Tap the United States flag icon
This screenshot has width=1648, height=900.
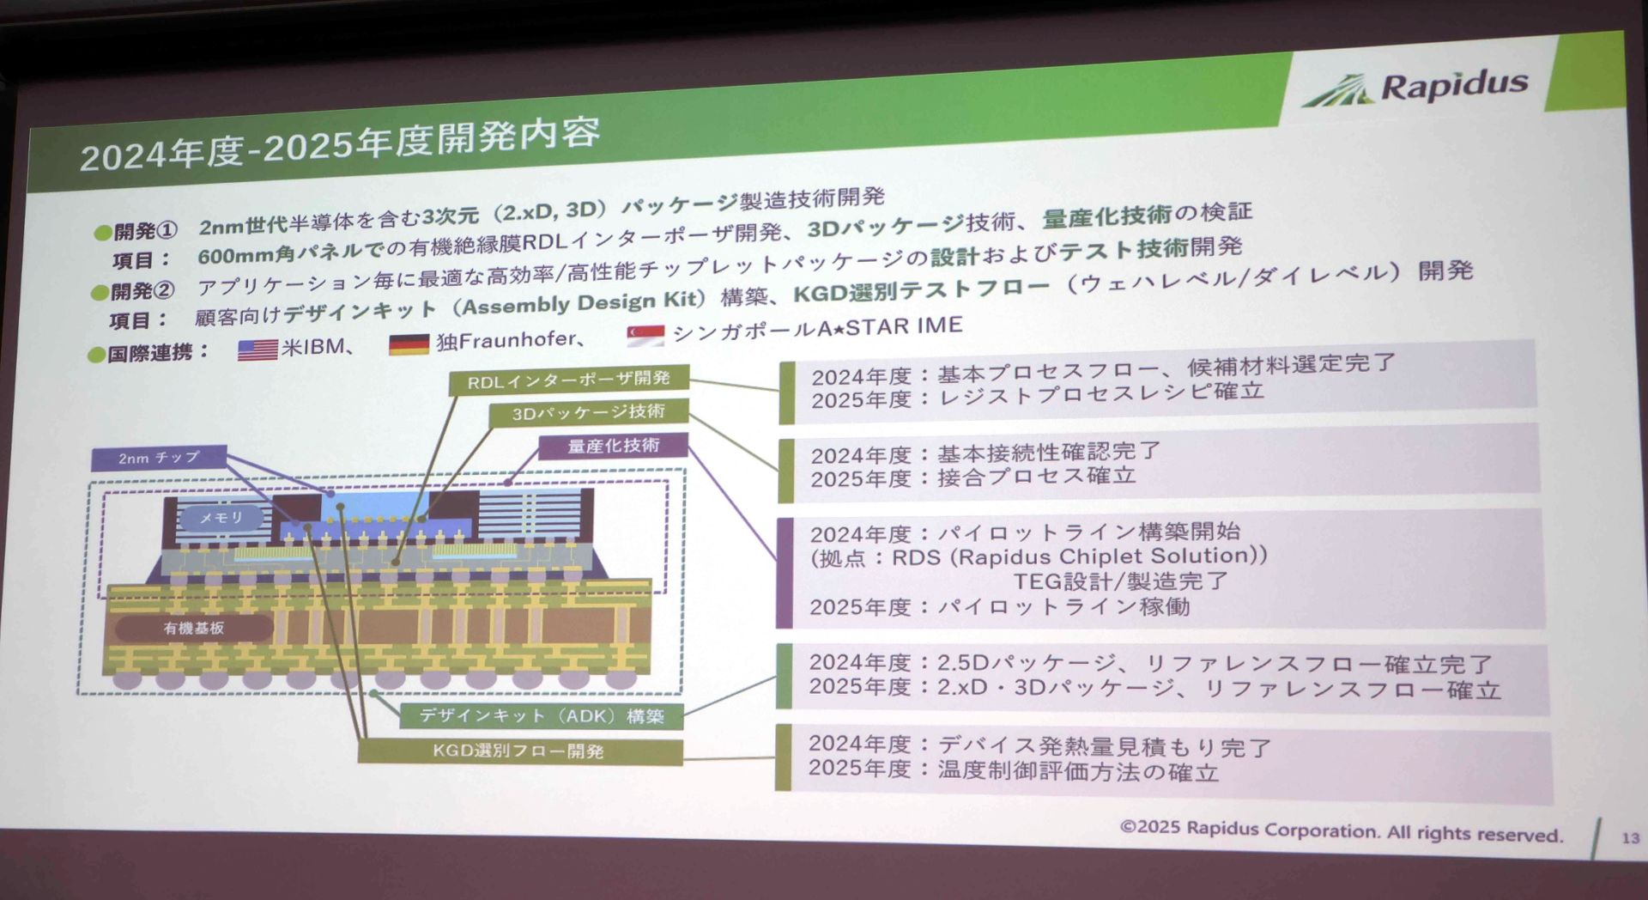click(x=257, y=350)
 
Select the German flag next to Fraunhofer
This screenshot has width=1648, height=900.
click(x=409, y=344)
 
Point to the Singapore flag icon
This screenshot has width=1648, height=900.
click(x=645, y=336)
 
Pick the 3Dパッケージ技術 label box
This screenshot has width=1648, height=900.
click(x=588, y=413)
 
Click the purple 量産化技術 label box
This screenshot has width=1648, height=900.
click(x=613, y=446)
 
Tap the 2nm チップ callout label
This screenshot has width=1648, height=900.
click(x=159, y=458)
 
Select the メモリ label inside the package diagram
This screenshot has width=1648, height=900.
click(x=221, y=518)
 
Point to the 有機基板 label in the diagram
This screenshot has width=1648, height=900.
click(x=194, y=629)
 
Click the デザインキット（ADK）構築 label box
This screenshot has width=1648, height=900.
click(x=542, y=715)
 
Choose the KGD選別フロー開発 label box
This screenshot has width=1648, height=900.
click(x=518, y=751)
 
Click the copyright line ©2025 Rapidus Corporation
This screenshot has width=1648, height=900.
click(x=1340, y=830)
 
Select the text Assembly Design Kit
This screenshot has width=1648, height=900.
click(x=583, y=303)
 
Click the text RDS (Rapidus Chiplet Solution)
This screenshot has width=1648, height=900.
click(x=1078, y=556)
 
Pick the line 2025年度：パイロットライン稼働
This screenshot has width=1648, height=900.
click(x=999, y=606)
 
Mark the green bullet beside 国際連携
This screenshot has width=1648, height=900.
click(x=96, y=355)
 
